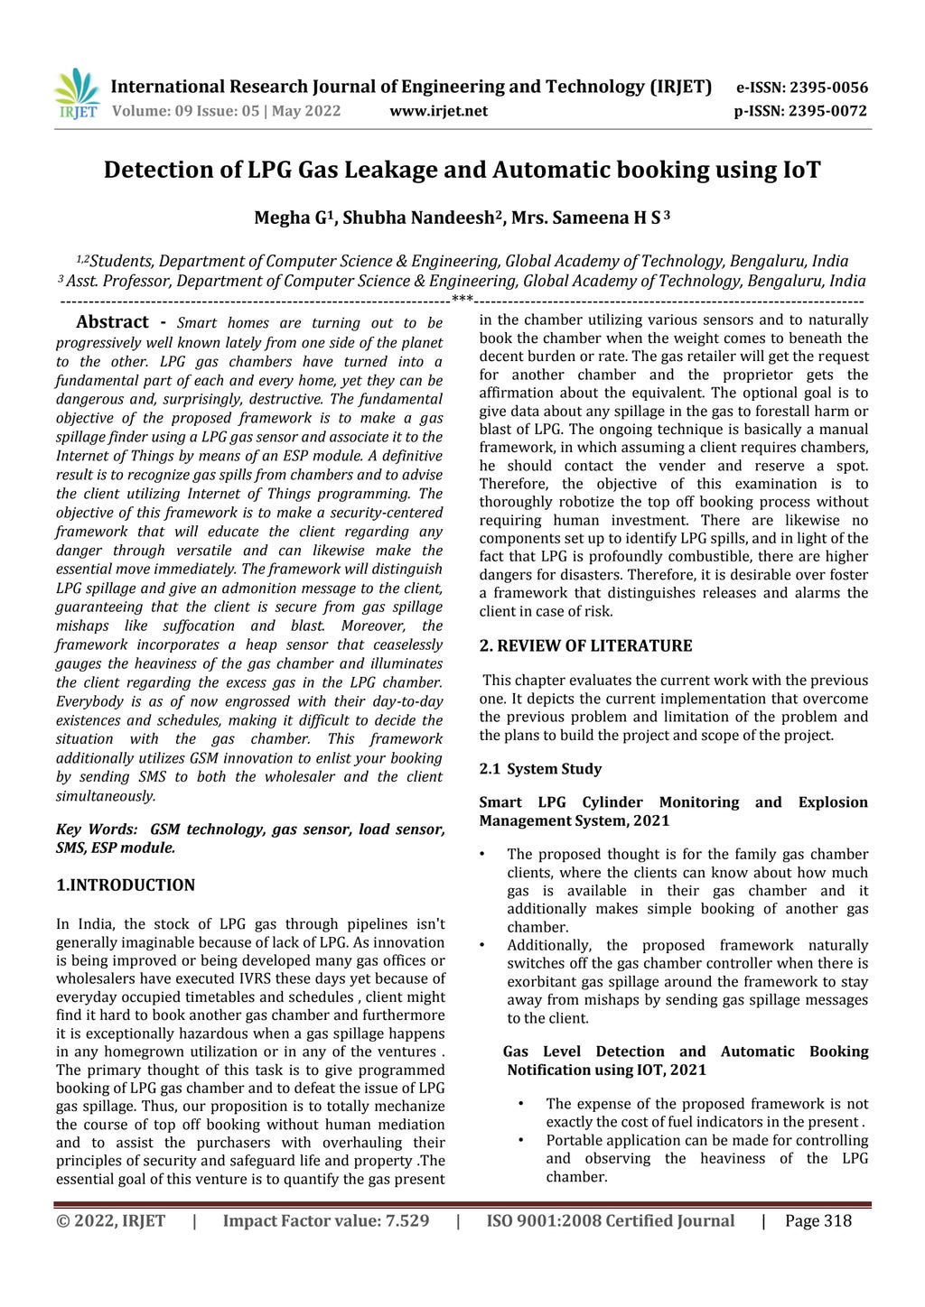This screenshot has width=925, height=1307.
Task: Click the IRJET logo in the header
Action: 77,95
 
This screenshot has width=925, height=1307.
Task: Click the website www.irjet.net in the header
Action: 438,111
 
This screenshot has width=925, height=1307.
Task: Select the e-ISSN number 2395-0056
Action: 828,88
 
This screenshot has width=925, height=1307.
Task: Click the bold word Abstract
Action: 112,322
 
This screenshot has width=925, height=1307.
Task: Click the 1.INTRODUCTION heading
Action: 126,885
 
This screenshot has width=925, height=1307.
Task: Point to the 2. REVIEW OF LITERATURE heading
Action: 585,645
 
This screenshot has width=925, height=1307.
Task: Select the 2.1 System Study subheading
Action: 540,769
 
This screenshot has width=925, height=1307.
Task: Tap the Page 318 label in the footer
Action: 818,1221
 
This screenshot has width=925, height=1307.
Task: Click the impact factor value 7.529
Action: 407,1221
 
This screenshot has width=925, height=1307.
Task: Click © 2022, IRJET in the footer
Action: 110,1221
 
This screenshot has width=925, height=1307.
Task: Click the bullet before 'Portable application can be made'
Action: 521,1140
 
